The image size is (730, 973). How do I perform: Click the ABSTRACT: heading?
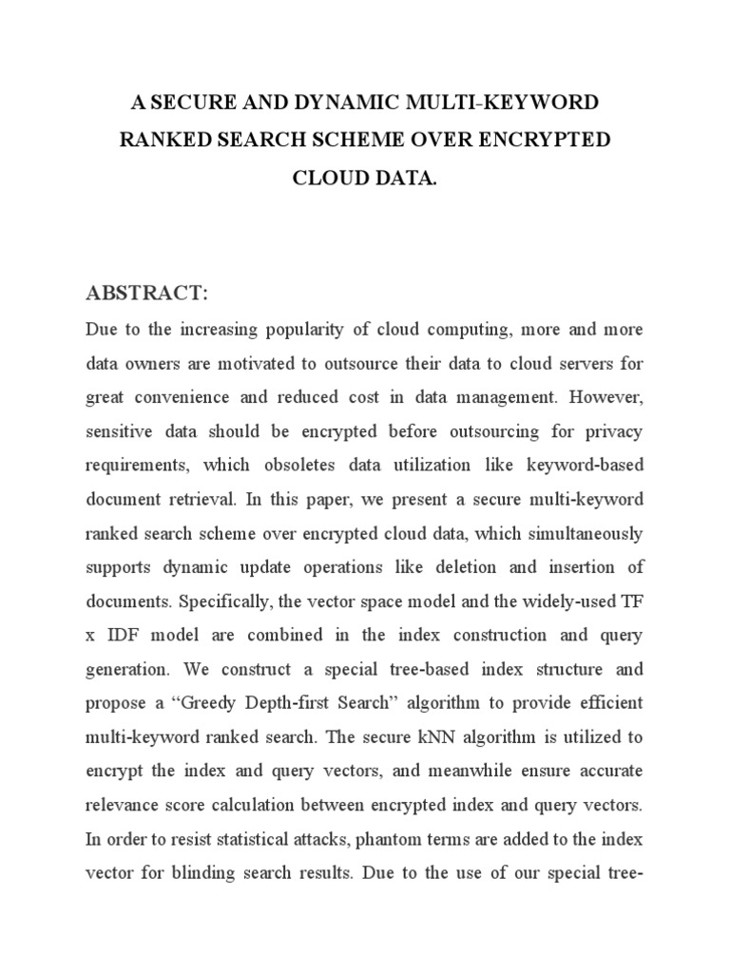[x=146, y=294]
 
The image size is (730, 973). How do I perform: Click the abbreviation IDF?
[x=123, y=636]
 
